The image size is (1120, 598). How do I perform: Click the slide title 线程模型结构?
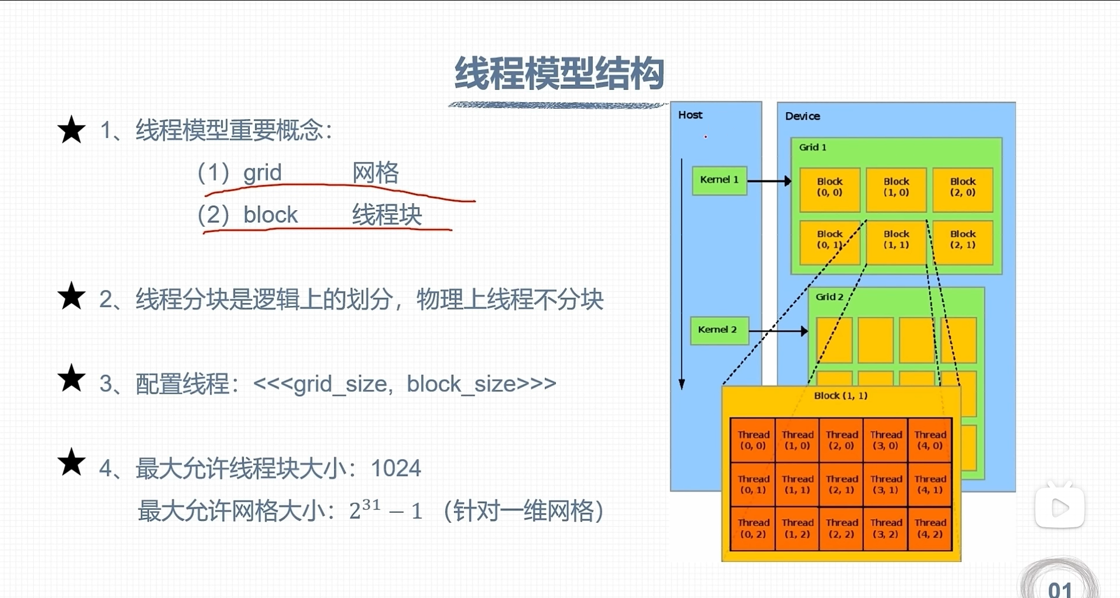click(x=559, y=74)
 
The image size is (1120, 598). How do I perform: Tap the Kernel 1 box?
click(x=719, y=180)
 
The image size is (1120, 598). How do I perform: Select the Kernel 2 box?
click(x=717, y=330)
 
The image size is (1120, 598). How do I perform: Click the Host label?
click(x=690, y=115)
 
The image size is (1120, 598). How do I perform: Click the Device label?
click(x=802, y=116)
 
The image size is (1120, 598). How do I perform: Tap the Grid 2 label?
click(x=829, y=297)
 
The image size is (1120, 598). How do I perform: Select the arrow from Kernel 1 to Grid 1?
click(x=769, y=181)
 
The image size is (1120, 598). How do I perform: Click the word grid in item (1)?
click(x=262, y=173)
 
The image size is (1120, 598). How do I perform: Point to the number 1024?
click(x=395, y=468)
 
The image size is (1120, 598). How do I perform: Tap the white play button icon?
click(x=1059, y=507)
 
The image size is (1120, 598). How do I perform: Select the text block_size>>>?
click(x=481, y=384)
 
